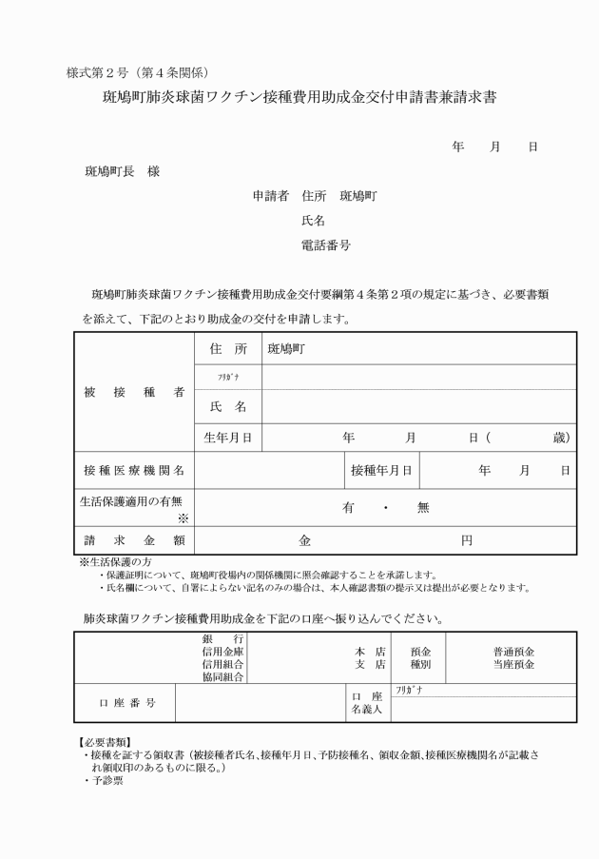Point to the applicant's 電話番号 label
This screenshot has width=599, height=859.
point(325,244)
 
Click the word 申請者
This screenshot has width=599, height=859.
point(270,196)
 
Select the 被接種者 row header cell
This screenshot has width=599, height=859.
point(133,392)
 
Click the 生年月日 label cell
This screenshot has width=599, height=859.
point(228,438)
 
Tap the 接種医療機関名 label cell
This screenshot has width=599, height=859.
point(133,470)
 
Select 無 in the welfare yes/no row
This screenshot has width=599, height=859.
point(422,507)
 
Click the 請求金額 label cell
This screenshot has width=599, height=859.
point(133,540)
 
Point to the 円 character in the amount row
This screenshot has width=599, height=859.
point(466,540)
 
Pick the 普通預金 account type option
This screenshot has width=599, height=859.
point(513,652)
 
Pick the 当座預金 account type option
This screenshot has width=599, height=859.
point(513,664)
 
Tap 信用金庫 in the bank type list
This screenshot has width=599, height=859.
point(222,652)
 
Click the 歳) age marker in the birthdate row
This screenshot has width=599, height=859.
point(561,438)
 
